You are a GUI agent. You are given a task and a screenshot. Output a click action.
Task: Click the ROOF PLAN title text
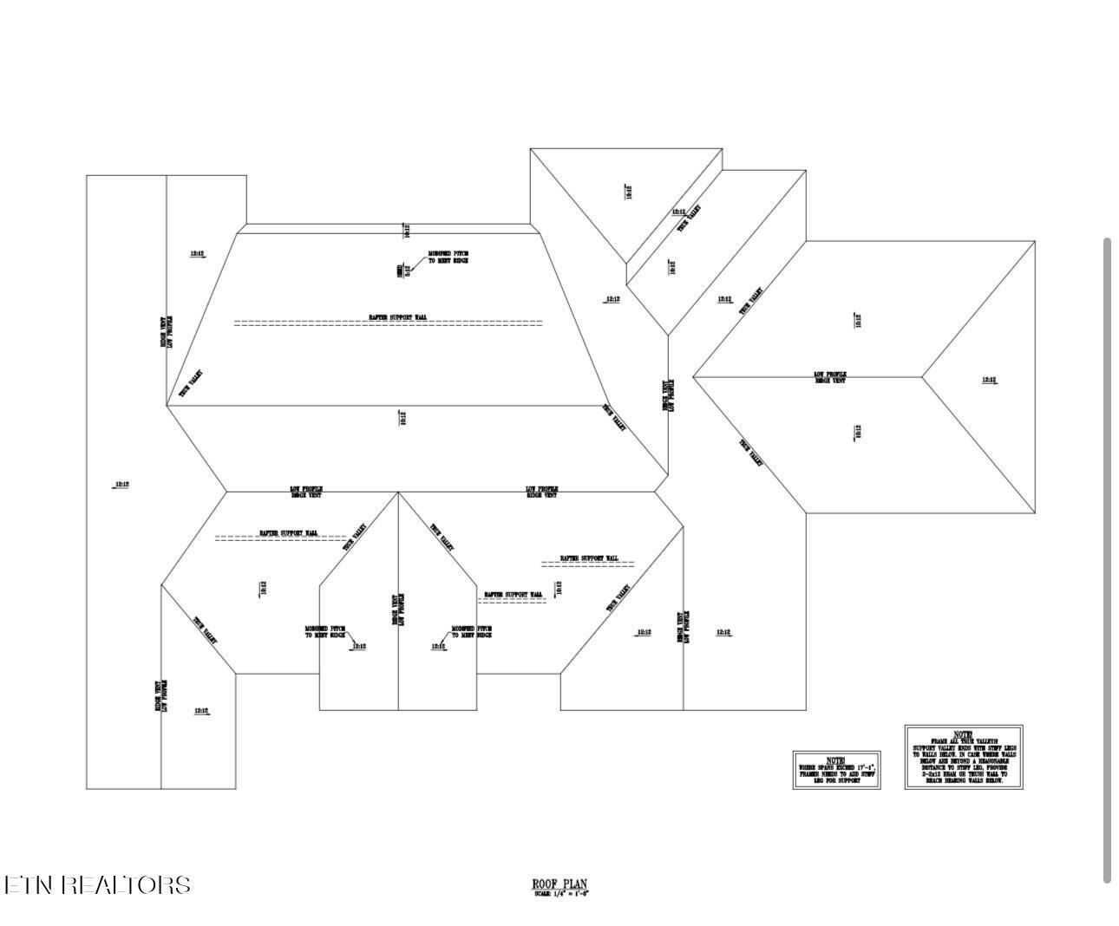coord(559,884)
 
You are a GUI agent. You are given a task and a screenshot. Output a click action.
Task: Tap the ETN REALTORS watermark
coord(97,884)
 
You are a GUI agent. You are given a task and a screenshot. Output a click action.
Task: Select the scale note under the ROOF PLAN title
coord(562,894)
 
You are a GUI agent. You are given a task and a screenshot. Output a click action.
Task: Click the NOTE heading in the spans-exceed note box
coord(835,760)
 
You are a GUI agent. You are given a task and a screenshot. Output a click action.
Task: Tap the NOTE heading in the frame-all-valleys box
coord(963,734)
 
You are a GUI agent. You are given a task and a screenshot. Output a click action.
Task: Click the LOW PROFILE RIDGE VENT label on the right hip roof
coord(830,377)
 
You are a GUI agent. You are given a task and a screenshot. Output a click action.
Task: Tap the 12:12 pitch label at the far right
coord(989,380)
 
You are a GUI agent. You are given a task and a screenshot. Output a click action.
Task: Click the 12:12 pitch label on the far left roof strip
coord(121,484)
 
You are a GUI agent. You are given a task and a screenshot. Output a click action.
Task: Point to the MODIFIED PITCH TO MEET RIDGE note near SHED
coord(448,257)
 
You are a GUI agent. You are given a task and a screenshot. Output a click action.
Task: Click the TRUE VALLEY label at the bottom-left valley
coord(205,630)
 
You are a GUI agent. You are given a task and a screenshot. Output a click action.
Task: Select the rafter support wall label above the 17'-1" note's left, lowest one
coord(513,595)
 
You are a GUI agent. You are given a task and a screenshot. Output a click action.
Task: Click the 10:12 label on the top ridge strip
coord(406,231)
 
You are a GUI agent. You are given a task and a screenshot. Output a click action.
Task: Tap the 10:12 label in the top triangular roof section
coord(629,192)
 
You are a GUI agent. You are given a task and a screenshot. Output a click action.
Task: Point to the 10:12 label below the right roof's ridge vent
coord(858,431)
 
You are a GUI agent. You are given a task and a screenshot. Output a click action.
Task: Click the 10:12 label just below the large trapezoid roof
coord(402,418)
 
